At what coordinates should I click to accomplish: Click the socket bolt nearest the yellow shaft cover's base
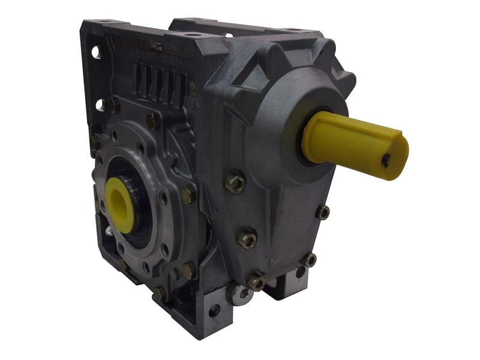pyautogui.click(x=235, y=182)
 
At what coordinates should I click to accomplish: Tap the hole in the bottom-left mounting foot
pyautogui.click(x=213, y=310)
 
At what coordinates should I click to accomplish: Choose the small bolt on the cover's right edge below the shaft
pyautogui.click(x=323, y=211)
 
